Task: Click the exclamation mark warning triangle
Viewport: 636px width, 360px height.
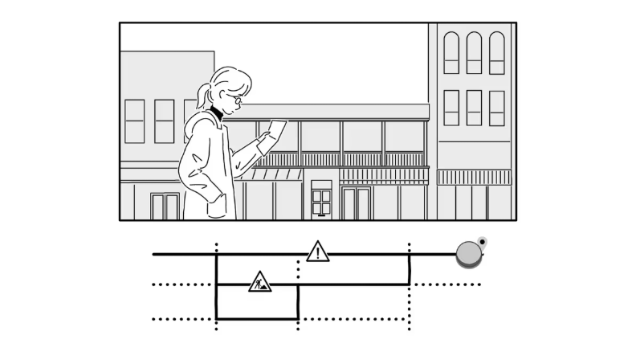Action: (318, 252)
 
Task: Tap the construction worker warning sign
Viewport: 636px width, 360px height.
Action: (259, 282)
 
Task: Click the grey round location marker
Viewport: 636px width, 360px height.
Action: (468, 254)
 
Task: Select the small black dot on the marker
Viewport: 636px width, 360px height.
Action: (482, 240)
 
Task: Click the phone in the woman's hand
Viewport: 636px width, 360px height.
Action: (277, 129)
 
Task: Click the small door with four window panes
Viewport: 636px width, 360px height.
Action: (321, 198)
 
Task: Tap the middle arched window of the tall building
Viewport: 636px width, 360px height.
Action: (474, 53)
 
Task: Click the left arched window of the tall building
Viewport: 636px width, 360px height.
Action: (451, 53)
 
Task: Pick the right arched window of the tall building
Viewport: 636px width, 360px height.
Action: (497, 53)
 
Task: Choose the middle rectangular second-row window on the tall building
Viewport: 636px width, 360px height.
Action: (474, 108)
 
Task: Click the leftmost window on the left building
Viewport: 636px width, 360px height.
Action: (135, 121)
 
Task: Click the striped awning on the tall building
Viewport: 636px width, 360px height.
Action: (474, 177)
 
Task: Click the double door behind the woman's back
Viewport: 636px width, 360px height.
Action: (165, 206)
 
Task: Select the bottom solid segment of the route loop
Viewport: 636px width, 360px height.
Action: (257, 319)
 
